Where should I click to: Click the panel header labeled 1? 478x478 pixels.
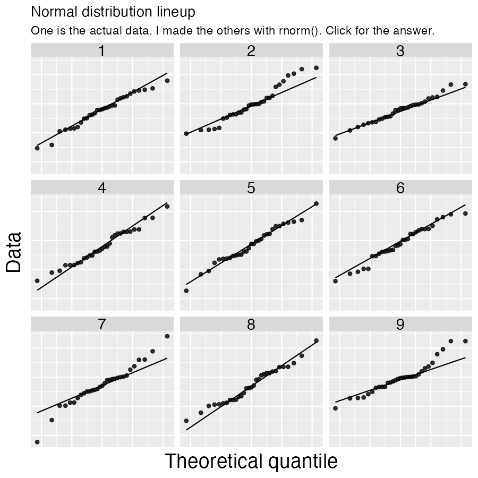tap(102, 51)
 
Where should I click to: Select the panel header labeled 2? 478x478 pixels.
tap(251, 51)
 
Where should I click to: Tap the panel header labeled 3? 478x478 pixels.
tap(400, 51)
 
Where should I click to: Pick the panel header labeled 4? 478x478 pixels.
tap(102, 188)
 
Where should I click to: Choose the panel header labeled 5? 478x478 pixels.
tap(251, 188)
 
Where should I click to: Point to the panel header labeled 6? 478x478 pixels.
tap(400, 188)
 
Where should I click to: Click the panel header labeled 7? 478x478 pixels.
tap(102, 325)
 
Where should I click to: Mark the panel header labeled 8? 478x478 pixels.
tap(251, 325)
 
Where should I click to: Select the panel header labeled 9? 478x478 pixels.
tap(400, 325)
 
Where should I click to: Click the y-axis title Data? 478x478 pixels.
tap(14, 252)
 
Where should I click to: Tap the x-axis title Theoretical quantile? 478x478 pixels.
tap(251, 461)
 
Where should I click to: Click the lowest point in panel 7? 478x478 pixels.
tap(37, 441)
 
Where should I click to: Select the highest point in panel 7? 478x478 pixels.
tap(167, 336)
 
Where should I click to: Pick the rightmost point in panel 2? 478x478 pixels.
tap(316, 67)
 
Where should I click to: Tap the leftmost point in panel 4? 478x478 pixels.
tap(37, 280)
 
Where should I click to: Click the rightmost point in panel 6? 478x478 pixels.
tap(465, 214)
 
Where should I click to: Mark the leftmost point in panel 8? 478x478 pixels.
tap(186, 421)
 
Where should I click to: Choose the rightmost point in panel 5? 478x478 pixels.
tap(316, 203)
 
